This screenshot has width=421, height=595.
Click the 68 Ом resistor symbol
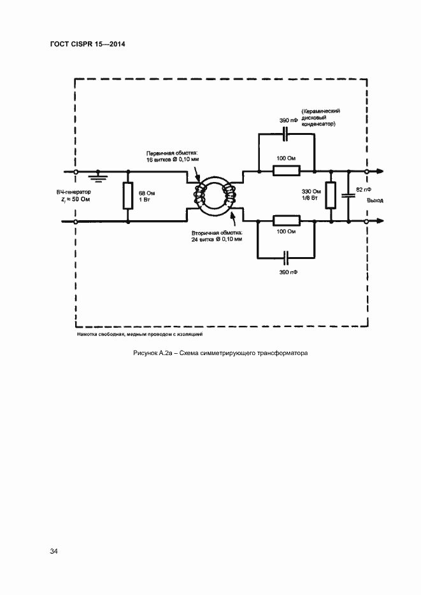tap(128, 197)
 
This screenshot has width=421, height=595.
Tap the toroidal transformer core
tap(215, 197)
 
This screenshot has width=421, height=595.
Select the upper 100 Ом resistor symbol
tap(286, 171)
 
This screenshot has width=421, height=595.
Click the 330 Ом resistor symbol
tap(331, 196)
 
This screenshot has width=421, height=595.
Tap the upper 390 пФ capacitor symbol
tap(286, 134)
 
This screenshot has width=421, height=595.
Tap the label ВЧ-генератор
tap(74, 192)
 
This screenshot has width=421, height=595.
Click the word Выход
tap(375, 200)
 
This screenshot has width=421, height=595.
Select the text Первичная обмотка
tap(172, 153)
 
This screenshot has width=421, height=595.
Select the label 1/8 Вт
tap(310, 199)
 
